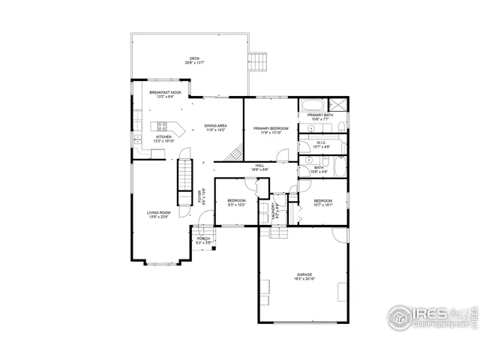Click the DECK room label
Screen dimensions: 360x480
coord(195,58)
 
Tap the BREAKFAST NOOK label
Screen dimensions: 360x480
coord(164,92)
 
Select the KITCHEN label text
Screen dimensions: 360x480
coord(164,136)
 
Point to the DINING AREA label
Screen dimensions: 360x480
coord(216,125)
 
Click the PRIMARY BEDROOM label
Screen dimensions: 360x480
coord(271,128)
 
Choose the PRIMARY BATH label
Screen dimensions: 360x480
coord(319,115)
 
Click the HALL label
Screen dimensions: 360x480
coord(259,166)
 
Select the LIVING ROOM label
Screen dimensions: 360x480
coord(159,213)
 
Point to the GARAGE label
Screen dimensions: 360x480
coord(304,274)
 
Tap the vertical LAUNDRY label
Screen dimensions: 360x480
coord(276,209)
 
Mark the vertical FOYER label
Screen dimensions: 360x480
coord(200,196)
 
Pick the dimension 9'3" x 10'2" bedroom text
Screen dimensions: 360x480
coord(237,205)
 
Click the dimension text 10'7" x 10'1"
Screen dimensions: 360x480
coord(323,205)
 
